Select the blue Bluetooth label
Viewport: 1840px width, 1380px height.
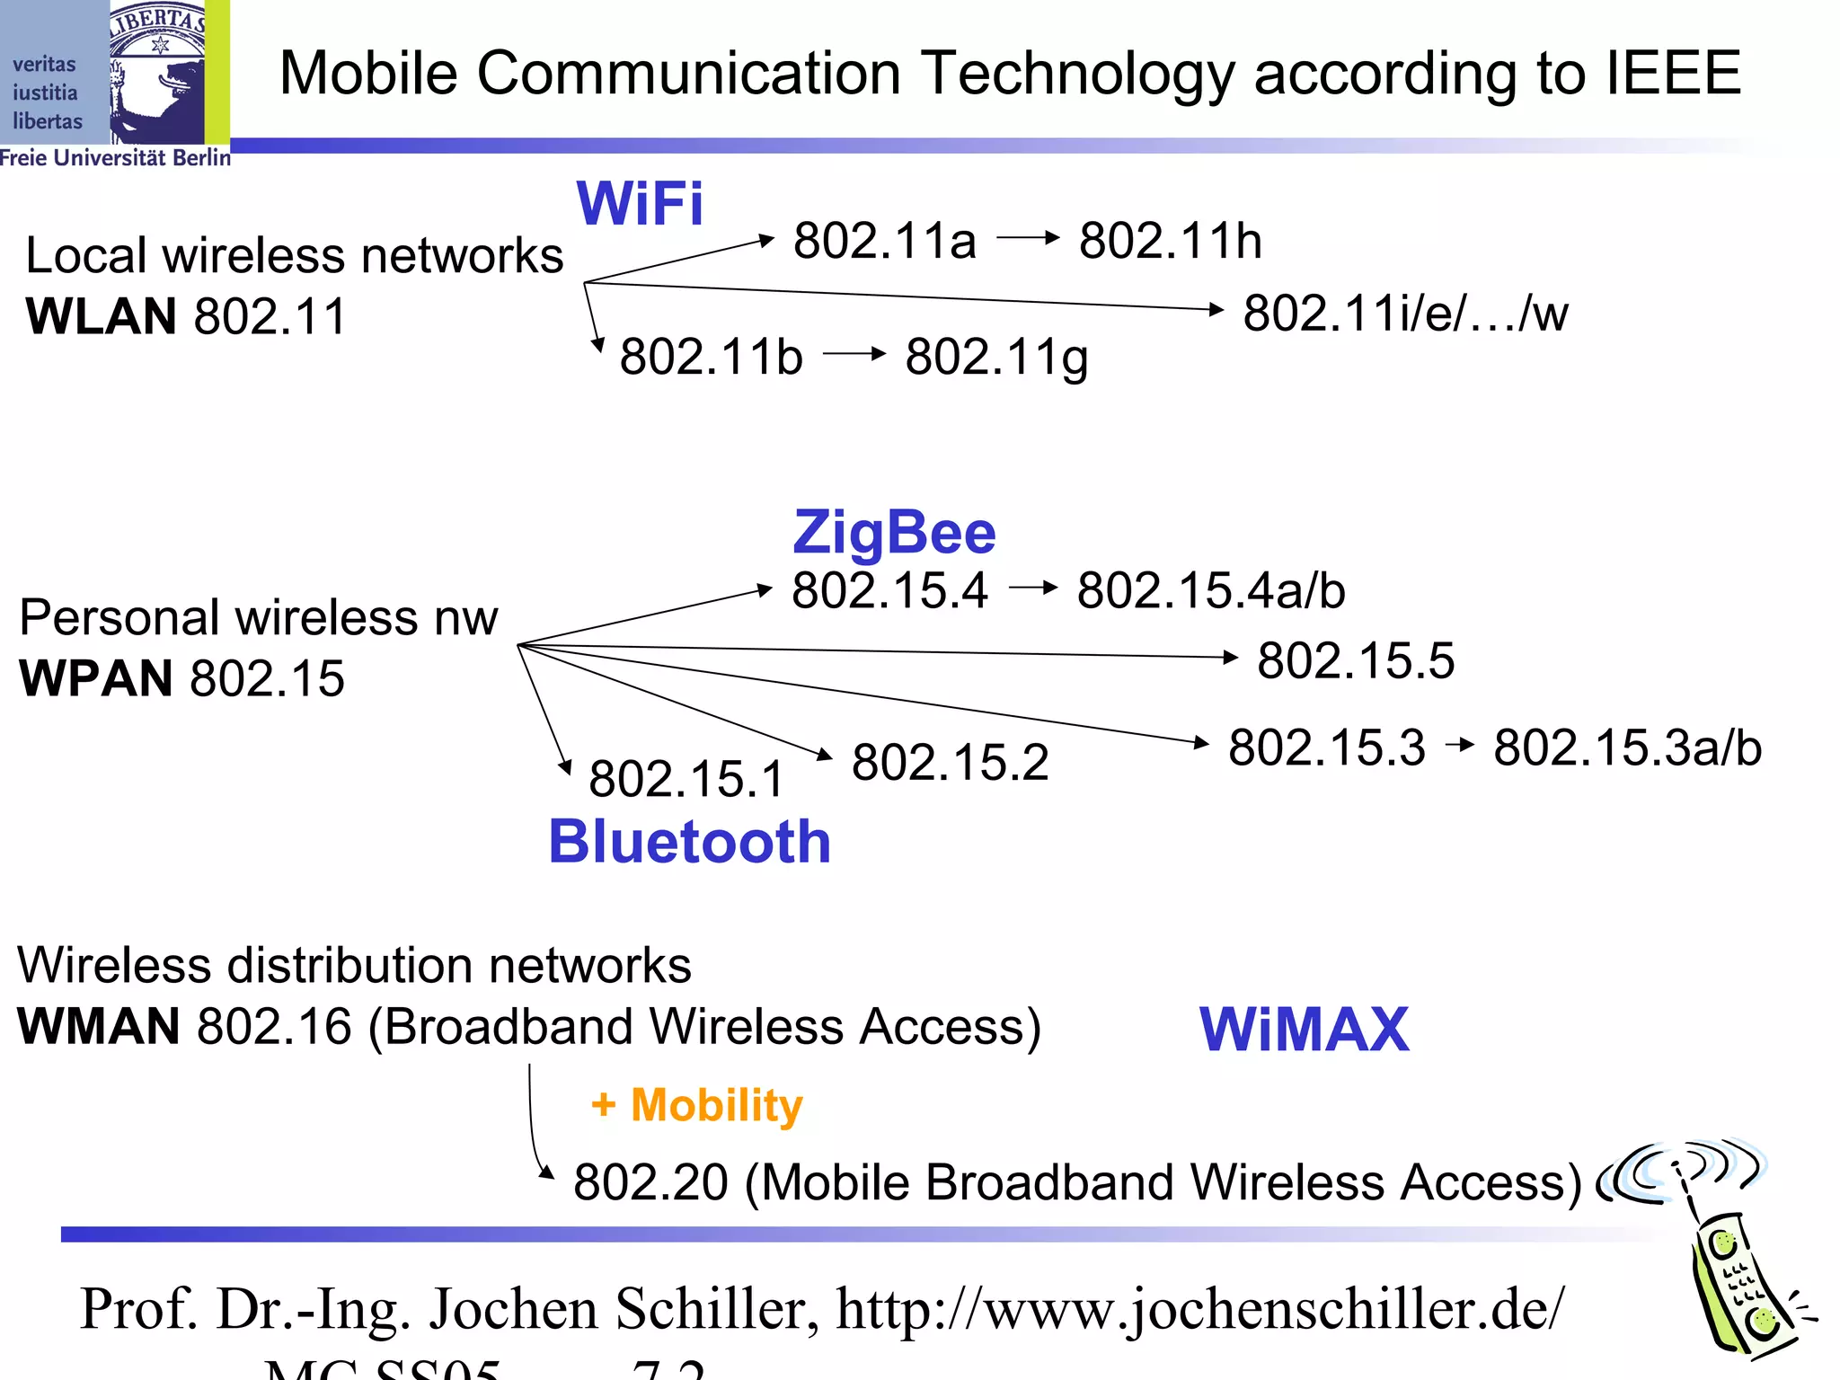click(x=689, y=842)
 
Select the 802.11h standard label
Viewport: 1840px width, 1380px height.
click(x=1170, y=241)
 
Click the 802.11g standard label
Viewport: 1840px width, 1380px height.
click(x=996, y=358)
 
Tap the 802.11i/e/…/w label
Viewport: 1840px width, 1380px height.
click(x=1405, y=314)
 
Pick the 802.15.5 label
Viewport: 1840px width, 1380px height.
click(x=1355, y=660)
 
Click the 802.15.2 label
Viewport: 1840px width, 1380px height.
click(x=950, y=762)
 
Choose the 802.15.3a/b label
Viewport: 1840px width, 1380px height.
click(x=1627, y=747)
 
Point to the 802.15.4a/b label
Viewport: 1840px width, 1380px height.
click(x=1210, y=590)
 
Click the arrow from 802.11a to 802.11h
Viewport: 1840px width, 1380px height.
click(x=1028, y=238)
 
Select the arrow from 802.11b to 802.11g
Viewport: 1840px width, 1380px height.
click(x=854, y=354)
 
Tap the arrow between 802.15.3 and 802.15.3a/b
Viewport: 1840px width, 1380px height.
click(x=1460, y=745)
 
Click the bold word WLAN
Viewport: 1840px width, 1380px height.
click(x=101, y=316)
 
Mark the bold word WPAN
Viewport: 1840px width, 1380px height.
click(x=95, y=678)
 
